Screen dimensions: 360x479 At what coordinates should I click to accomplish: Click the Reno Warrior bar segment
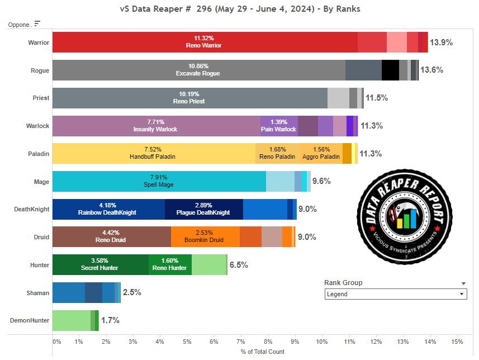pyautogui.click(x=205, y=42)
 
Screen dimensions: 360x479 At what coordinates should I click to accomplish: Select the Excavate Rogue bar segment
pyautogui.click(x=198, y=70)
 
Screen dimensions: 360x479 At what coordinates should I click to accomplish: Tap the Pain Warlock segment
pyautogui.click(x=279, y=126)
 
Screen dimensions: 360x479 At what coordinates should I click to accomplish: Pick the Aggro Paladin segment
pyautogui.click(x=321, y=154)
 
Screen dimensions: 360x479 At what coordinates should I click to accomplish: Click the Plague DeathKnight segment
pyautogui.click(x=203, y=210)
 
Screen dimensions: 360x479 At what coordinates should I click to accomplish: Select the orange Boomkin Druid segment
pyautogui.click(x=205, y=237)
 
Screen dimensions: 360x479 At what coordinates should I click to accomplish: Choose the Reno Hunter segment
pyautogui.click(x=170, y=265)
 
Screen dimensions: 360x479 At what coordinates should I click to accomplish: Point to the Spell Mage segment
pyautogui.click(x=159, y=182)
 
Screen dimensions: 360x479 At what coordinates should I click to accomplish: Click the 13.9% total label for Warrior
pyautogui.click(x=441, y=42)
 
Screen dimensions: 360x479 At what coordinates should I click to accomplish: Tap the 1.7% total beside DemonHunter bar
pyautogui.click(x=110, y=320)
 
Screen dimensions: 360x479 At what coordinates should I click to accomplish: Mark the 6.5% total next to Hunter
pyautogui.click(x=239, y=265)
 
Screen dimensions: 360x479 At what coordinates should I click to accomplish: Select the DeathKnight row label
pyautogui.click(x=32, y=210)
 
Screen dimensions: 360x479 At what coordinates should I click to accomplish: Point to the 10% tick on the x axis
pyautogui.click(x=322, y=341)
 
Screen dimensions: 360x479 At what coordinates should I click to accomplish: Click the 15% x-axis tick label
pyautogui.click(x=457, y=341)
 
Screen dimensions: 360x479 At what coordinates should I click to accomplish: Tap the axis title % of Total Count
pyautogui.click(x=262, y=352)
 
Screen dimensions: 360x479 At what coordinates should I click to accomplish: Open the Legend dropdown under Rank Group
pyautogui.click(x=396, y=294)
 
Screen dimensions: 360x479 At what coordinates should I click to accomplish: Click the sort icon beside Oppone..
pyautogui.click(x=37, y=23)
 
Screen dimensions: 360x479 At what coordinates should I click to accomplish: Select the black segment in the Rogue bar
pyautogui.click(x=390, y=70)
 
